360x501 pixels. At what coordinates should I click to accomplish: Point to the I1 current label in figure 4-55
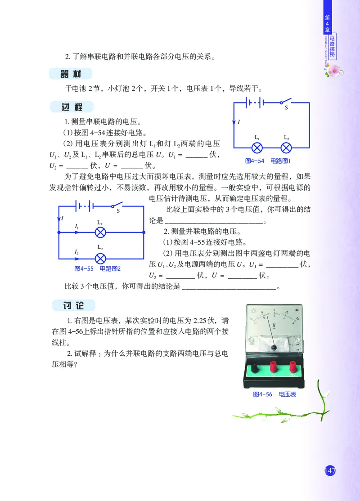[x=77, y=227]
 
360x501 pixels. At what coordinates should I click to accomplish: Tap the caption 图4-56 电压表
[x=274, y=394]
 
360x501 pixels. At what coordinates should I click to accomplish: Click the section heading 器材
[x=72, y=74]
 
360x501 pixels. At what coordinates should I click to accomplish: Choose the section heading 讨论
[x=72, y=305]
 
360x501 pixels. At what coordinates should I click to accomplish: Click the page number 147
[x=330, y=470]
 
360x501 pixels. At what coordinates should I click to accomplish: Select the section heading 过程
[x=72, y=107]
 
